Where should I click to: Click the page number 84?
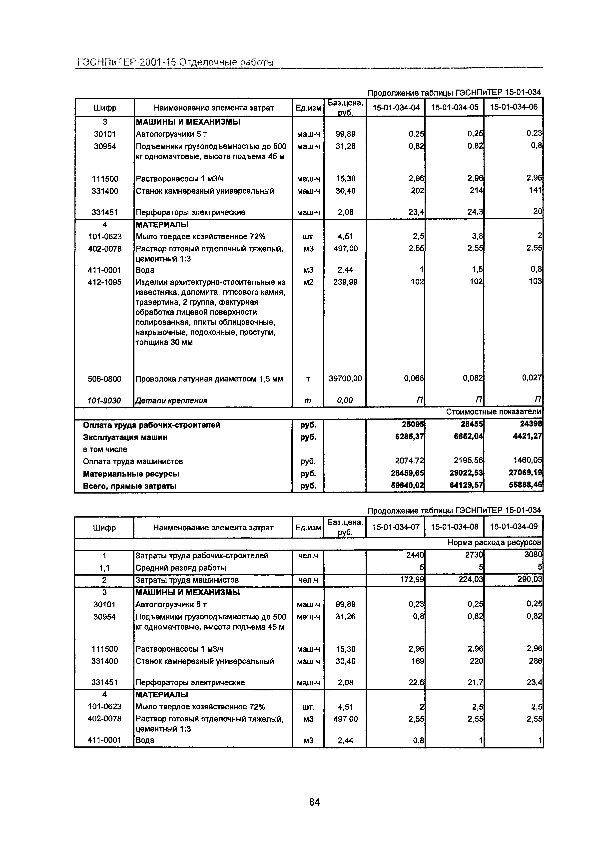(x=314, y=802)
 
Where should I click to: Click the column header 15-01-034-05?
(x=454, y=108)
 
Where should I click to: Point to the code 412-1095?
(x=104, y=282)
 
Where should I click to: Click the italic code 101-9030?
(x=104, y=400)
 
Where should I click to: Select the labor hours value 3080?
(x=533, y=555)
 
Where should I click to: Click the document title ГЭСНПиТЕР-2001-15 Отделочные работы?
(x=175, y=62)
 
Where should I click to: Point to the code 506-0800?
(x=104, y=379)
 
